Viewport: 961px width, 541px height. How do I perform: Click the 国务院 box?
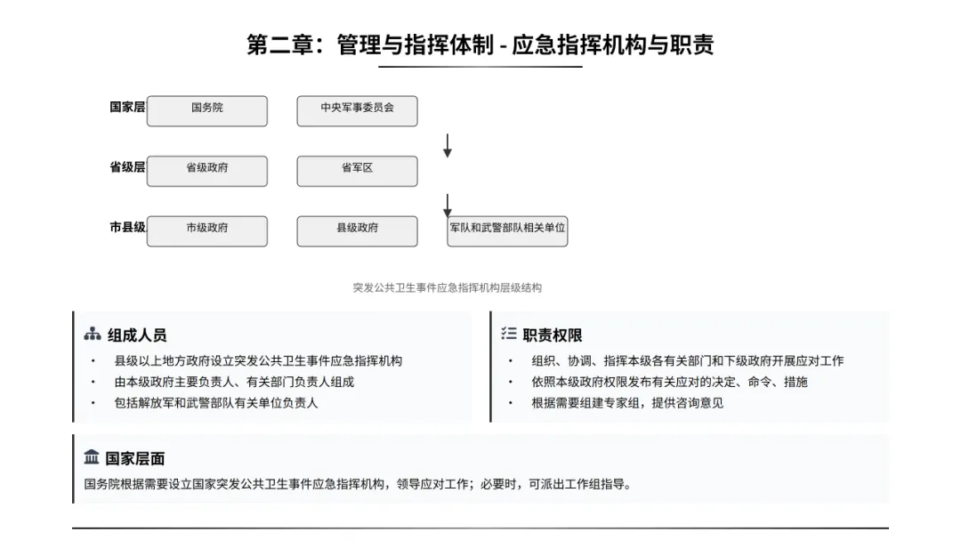(206, 110)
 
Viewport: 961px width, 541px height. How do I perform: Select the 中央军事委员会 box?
(357, 110)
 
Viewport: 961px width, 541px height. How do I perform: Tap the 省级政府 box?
(206, 171)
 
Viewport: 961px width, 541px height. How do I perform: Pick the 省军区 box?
(357, 171)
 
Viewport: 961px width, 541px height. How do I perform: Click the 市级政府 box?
(206, 230)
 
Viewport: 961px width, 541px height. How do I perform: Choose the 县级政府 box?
(357, 230)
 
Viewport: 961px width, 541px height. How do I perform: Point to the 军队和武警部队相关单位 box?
(507, 230)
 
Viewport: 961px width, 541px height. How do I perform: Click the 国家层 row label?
(127, 107)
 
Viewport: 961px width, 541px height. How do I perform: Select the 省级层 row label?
(127, 167)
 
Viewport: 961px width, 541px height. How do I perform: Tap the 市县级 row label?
(127, 228)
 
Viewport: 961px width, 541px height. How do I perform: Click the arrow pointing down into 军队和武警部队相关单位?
(448, 206)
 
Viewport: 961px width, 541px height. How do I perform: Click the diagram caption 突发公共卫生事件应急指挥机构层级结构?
(447, 287)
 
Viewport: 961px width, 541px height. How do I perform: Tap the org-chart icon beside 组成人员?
(92, 335)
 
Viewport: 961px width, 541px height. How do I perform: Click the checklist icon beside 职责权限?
(509, 334)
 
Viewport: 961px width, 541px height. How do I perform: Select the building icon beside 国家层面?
(92, 457)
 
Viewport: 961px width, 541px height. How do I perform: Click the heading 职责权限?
(553, 335)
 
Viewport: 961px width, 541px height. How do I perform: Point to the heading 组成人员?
(137, 335)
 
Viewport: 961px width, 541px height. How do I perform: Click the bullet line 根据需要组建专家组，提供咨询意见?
(626, 402)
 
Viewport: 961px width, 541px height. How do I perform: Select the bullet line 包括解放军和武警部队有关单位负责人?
(215, 402)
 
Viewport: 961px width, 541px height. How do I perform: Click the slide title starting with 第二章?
(480, 44)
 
